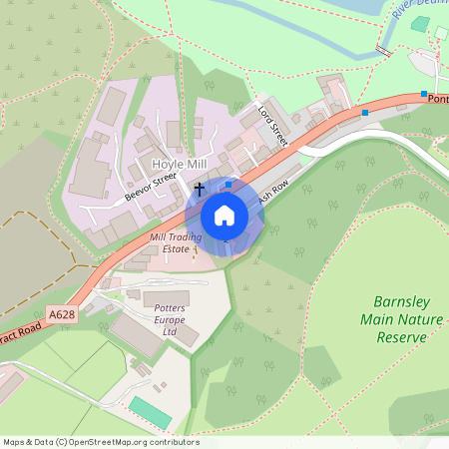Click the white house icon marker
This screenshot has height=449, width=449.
coord(224,215)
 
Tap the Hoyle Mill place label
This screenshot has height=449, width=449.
coord(180,163)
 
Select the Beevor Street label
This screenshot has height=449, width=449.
coord(151,186)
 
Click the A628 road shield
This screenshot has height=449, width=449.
coord(62,314)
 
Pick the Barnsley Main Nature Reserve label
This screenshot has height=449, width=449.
coord(400,318)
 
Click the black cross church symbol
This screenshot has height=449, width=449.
coord(200,188)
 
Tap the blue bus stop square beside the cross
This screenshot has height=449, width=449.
coord(228,184)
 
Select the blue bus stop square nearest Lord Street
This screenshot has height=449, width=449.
coord(365,113)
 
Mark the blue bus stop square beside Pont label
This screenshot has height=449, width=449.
coord(424,94)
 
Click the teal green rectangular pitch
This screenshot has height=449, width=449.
coord(150,412)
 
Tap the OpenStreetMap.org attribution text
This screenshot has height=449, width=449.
coord(130,442)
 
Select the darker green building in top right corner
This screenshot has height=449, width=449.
coord(440,33)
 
